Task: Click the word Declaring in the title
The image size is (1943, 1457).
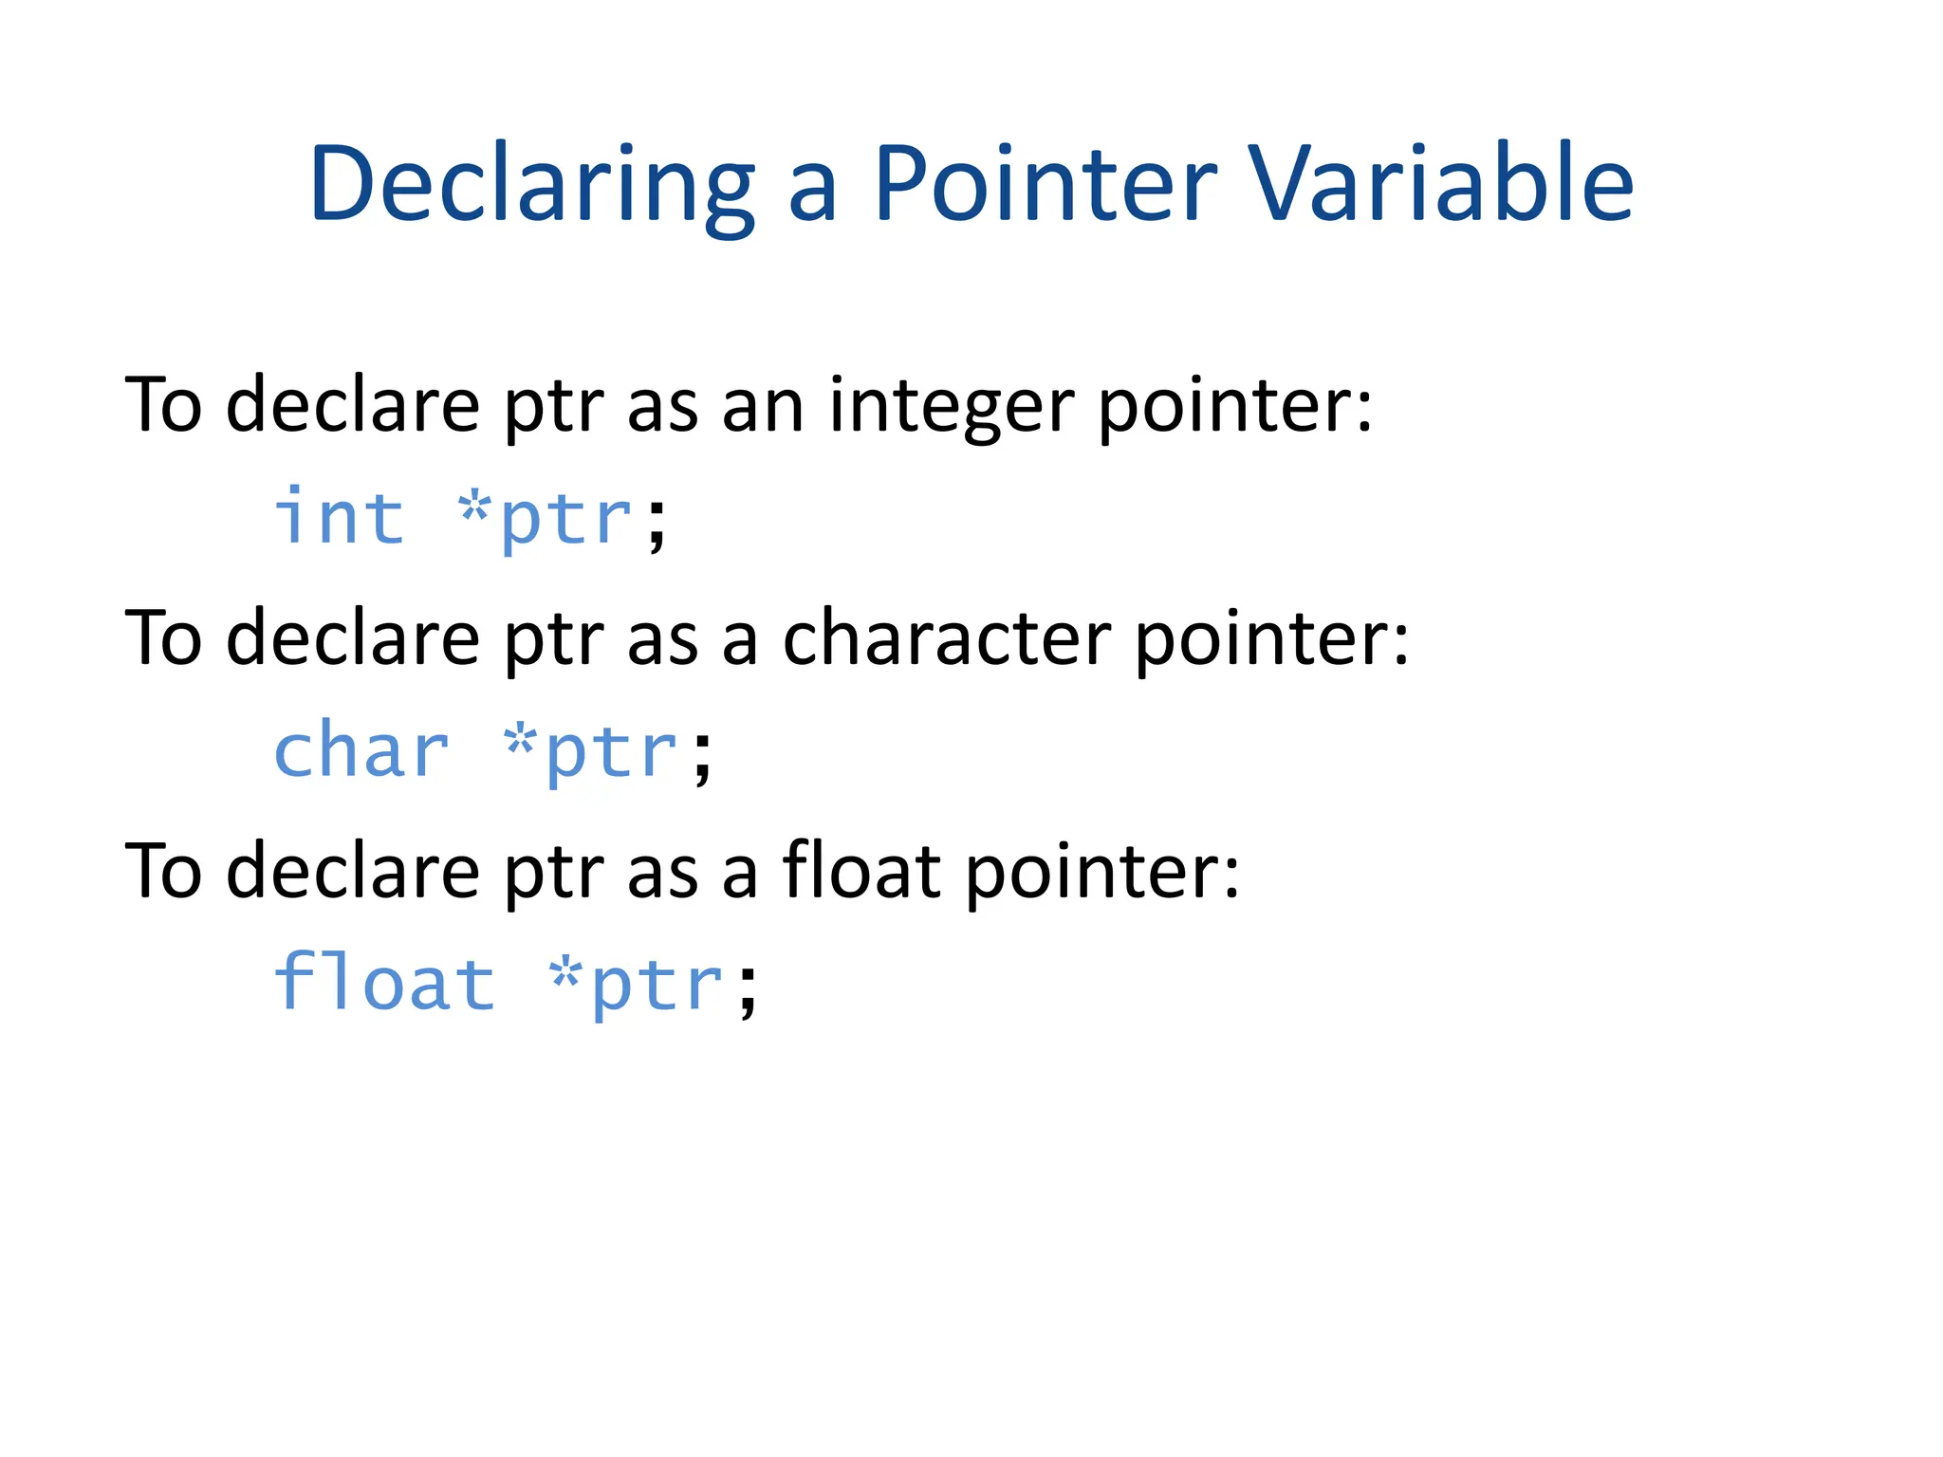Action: (x=531, y=184)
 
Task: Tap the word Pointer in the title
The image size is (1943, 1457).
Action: (x=1044, y=184)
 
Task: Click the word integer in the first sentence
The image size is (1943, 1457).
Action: (x=952, y=407)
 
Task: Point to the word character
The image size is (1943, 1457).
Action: (x=946, y=638)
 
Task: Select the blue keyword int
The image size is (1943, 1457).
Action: (x=340, y=518)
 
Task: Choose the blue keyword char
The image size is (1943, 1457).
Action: (x=361, y=751)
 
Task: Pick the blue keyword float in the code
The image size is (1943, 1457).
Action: (x=384, y=984)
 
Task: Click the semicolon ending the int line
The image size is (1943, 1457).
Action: (x=656, y=525)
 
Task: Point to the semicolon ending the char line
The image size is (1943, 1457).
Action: (x=701, y=758)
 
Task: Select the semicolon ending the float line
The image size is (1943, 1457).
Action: (x=748, y=990)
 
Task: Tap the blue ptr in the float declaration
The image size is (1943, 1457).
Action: (x=657, y=988)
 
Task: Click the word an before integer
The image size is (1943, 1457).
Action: (x=763, y=407)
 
